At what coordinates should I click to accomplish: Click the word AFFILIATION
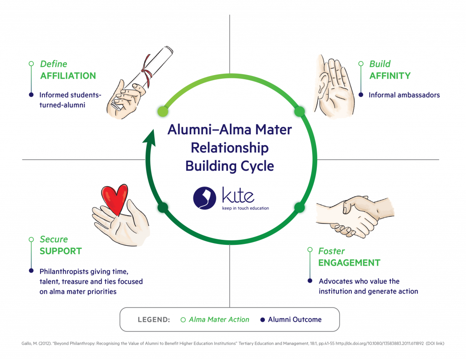pos(68,76)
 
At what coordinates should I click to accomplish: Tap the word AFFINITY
pos(390,76)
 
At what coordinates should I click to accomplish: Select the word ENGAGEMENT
pos(349,263)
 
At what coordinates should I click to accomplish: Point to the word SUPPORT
pos(61,251)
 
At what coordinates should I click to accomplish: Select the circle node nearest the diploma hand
pos(162,111)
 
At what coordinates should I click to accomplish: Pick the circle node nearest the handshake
pos(298,208)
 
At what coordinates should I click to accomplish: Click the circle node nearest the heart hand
pos(162,208)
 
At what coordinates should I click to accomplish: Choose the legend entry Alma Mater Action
pos(219,319)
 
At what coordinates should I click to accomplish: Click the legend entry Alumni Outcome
pos(294,319)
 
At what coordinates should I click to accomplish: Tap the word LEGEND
pos(154,319)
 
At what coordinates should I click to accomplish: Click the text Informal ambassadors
pos(404,95)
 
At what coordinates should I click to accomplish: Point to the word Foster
pos(331,251)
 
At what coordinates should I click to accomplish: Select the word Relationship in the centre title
pos(229,148)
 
